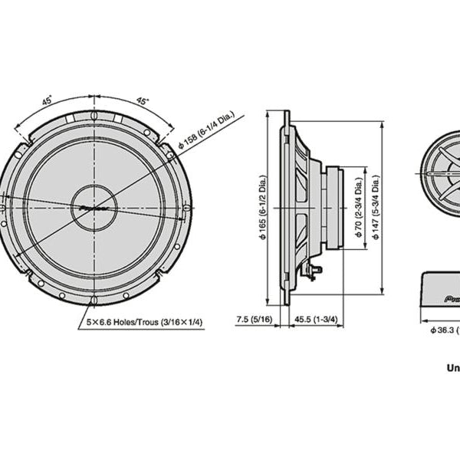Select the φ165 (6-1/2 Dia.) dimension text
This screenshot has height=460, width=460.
point(263,206)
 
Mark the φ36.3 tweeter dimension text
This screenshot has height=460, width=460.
point(444,330)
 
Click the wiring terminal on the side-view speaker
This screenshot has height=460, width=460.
point(310,270)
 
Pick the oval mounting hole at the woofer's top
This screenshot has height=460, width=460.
point(94,116)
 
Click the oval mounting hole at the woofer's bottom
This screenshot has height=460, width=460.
point(94,298)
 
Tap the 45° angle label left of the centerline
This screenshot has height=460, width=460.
point(47,100)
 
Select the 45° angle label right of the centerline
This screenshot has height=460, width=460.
point(142,100)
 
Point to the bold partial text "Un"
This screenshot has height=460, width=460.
point(452,367)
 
